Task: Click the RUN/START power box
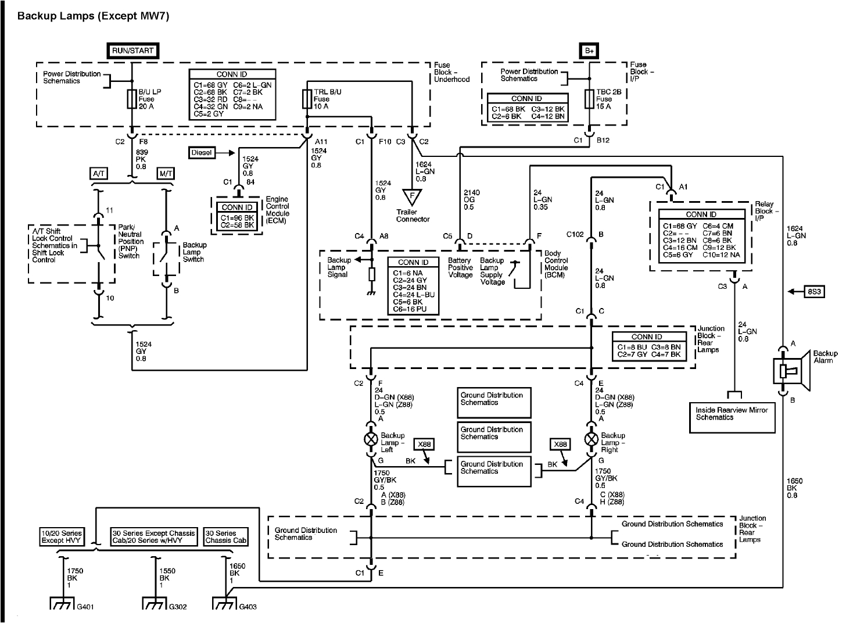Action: (132, 51)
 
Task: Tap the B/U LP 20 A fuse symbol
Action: (131, 99)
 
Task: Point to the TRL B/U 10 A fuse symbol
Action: (307, 99)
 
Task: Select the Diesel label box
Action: (202, 153)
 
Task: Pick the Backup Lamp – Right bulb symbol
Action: (591, 439)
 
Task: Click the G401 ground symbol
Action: (61, 605)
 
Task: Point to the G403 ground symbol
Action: (224, 605)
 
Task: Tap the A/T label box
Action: (98, 174)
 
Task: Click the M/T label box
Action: (166, 174)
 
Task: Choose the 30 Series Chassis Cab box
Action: (226, 536)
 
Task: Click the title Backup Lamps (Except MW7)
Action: (93, 16)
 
